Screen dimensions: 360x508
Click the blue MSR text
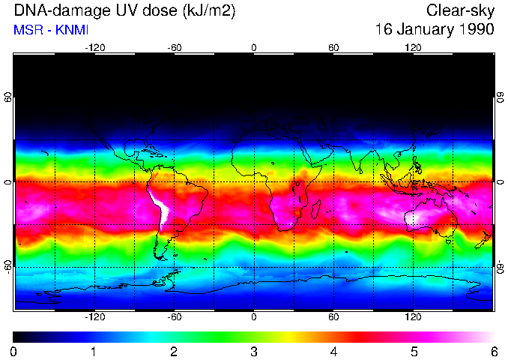click(x=28, y=29)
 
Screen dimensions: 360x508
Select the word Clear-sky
click(x=461, y=10)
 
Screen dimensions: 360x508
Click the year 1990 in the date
click(x=477, y=29)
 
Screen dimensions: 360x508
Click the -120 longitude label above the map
click(x=94, y=47)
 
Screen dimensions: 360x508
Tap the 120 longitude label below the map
click(x=413, y=317)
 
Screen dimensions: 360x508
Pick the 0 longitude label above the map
click(x=253, y=47)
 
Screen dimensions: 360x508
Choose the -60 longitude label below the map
click(x=174, y=317)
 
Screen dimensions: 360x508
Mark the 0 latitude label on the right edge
click(x=500, y=182)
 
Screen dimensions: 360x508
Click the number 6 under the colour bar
click(x=494, y=351)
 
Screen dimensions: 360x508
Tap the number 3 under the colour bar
click(x=254, y=351)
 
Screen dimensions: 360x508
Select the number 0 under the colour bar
click(x=14, y=351)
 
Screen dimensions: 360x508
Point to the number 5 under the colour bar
click(x=414, y=351)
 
